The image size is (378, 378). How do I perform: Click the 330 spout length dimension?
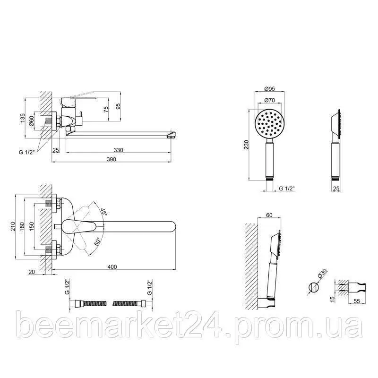(x=119, y=150)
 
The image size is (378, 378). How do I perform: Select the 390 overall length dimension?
(x=112, y=159)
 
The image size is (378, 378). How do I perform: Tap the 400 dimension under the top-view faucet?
(x=112, y=266)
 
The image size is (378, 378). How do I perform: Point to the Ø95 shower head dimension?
(x=269, y=88)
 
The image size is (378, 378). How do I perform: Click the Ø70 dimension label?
(x=269, y=100)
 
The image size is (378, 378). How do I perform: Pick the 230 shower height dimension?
(x=246, y=145)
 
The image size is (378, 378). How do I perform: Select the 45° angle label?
(x=103, y=212)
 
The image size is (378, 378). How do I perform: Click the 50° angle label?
(x=97, y=241)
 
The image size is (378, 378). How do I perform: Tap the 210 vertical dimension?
(x=13, y=227)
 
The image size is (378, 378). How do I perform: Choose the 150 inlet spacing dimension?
(x=32, y=227)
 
